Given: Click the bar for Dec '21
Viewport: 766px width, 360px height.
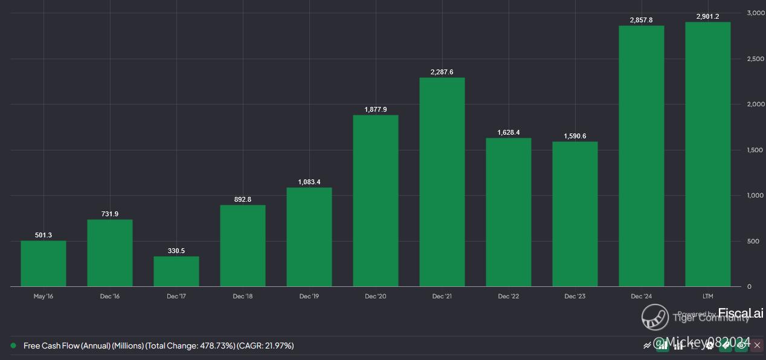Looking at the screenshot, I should point(442,182).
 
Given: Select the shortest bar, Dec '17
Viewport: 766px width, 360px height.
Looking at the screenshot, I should point(176,271).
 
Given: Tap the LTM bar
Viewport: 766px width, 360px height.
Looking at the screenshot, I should point(707,154).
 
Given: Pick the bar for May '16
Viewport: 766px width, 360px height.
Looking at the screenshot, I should point(43,263).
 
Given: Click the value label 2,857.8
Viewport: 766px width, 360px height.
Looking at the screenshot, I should point(641,20).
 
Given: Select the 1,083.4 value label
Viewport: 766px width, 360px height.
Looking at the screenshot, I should point(309,182).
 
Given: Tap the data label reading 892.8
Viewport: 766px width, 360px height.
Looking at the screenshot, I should point(242,199).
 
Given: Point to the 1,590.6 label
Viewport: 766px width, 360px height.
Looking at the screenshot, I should point(574,136).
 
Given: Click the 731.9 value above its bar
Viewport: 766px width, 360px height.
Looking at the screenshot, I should point(109,214).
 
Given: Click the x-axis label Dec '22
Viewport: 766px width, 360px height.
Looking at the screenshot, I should point(508,296).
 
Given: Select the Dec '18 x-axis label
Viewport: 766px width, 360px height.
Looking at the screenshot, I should point(242,296).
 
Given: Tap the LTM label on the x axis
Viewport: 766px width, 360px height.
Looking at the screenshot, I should point(707,296).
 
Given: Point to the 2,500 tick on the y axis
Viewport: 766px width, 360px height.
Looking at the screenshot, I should point(756,59).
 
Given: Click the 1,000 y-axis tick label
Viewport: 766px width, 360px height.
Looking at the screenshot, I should point(756,195).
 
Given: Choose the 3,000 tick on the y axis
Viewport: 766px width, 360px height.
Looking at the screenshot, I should point(756,13).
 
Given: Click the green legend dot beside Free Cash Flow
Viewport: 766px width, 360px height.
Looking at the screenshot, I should point(13,346).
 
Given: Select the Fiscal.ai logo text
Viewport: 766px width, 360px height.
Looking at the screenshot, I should point(741,313).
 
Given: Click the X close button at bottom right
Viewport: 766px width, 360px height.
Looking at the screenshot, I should point(757,345).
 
